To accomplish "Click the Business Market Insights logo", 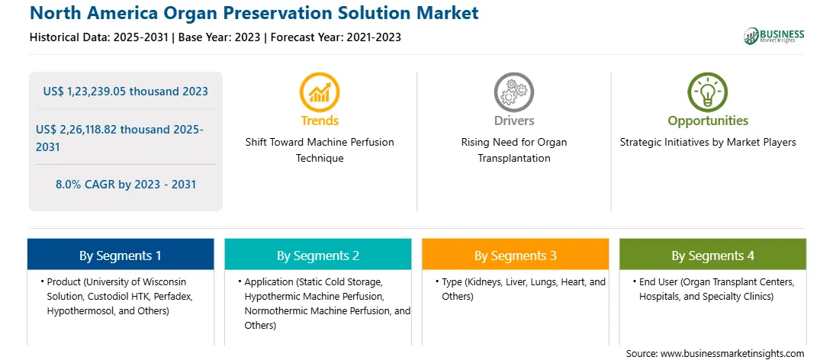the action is pos(774,36).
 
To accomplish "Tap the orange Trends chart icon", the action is pos(320,92).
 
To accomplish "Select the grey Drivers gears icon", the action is pos(513,92).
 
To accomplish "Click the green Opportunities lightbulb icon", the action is pos(708,92).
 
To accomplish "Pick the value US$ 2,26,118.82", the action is pos(78,130).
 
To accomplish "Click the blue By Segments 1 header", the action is pos(121,256).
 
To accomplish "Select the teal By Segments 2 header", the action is pos(317,256).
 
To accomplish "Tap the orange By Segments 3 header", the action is pos(516,256).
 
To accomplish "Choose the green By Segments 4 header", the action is pos(713,256).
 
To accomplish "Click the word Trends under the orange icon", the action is pos(320,121).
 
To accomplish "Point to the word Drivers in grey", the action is pos(514,121).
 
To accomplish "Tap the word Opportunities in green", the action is pos(708,121).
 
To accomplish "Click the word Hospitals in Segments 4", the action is pos(659,296).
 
